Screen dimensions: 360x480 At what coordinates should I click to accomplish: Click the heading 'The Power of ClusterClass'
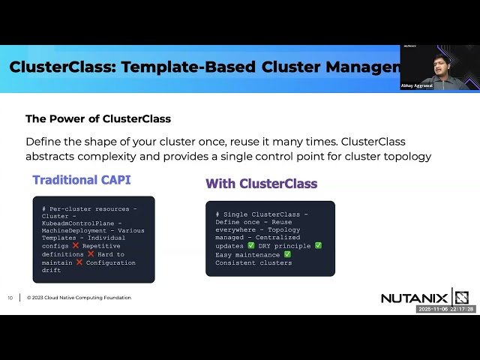pyautogui.click(x=98, y=118)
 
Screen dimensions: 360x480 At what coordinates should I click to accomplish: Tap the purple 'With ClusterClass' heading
pyautogui.click(x=261, y=184)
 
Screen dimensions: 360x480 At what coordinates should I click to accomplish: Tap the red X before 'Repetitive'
pyautogui.click(x=76, y=246)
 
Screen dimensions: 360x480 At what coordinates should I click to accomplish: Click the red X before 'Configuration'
pyautogui.click(x=79, y=262)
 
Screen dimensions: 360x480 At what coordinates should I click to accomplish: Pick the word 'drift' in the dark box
pyautogui.click(x=52, y=271)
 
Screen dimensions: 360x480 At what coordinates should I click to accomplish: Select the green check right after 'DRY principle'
pyautogui.click(x=318, y=246)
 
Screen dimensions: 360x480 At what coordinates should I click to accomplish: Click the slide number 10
pyautogui.click(x=10, y=298)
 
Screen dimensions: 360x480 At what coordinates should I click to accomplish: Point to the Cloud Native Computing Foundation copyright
pyautogui.click(x=79, y=298)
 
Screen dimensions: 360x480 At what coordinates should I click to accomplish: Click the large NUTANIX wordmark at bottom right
pyautogui.click(x=414, y=298)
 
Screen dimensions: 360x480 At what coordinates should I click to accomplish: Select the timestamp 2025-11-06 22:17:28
pyautogui.click(x=446, y=309)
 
